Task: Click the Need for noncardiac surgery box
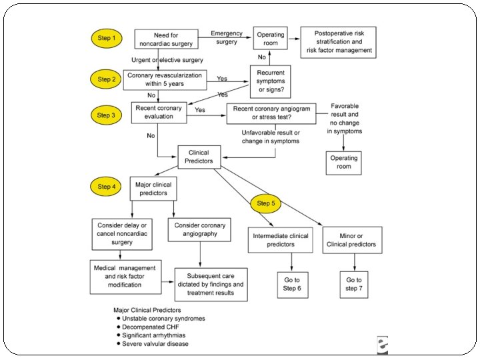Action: click(166, 39)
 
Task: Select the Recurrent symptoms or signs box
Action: click(271, 81)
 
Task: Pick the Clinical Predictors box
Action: click(199, 157)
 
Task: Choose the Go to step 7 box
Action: click(353, 285)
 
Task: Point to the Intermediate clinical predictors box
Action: click(281, 240)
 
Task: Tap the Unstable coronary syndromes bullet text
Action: click(162, 318)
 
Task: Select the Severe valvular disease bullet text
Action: click(155, 344)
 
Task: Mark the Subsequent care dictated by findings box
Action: click(211, 283)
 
